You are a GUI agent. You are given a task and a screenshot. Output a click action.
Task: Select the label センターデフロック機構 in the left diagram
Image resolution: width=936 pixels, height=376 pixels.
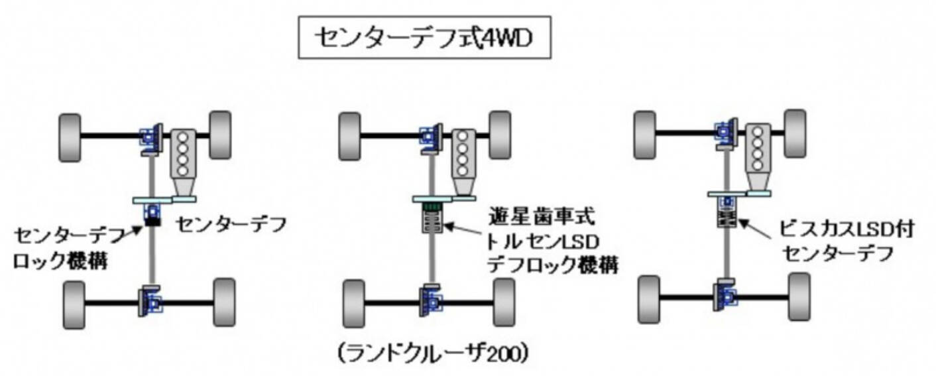point(61,248)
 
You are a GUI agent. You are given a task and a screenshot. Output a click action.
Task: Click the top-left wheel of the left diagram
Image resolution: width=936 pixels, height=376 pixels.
point(70,137)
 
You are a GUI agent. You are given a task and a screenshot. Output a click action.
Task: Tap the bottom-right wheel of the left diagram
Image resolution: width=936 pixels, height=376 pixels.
point(224,302)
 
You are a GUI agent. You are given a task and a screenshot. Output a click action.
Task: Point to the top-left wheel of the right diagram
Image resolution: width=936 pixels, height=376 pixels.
point(645,133)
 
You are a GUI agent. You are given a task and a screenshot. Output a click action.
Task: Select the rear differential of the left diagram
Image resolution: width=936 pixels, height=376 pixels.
point(150,302)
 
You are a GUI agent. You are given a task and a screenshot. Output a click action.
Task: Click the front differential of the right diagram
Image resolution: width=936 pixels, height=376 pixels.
point(726,132)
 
